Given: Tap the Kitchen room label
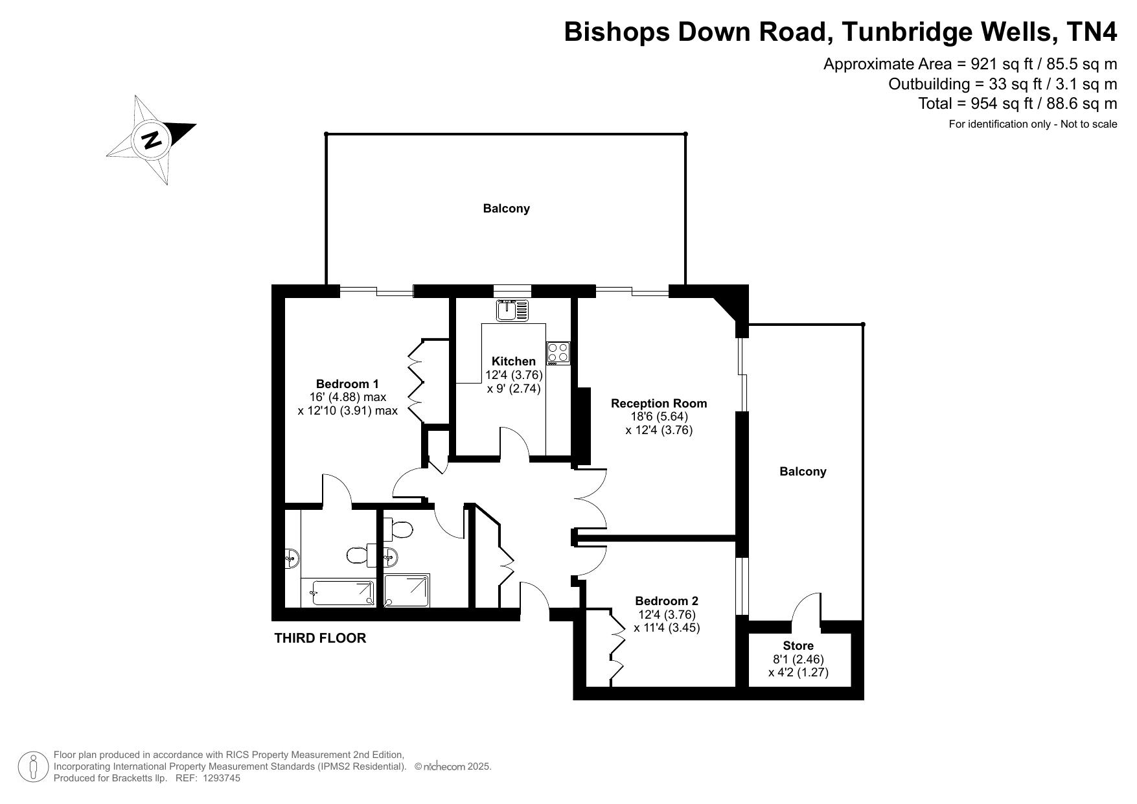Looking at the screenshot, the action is pyautogui.click(x=514, y=361).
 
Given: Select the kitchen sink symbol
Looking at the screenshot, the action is pyautogui.click(x=512, y=311).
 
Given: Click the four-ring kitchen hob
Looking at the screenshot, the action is pyautogui.click(x=558, y=353).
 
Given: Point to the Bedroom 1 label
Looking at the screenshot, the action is pyautogui.click(x=347, y=384).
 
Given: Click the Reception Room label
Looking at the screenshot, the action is pyautogui.click(x=659, y=403).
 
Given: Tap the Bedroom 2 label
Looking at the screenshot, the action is pyautogui.click(x=667, y=601).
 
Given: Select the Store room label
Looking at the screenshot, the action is pyautogui.click(x=798, y=646).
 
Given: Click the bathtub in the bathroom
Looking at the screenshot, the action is pyautogui.click(x=343, y=593).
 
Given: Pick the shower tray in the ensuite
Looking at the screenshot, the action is pyautogui.click(x=407, y=590).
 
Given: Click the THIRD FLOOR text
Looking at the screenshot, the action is pyautogui.click(x=320, y=638).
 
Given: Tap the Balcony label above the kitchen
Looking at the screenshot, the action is pyautogui.click(x=506, y=209).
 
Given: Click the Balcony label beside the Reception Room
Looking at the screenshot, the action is pyautogui.click(x=803, y=472).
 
